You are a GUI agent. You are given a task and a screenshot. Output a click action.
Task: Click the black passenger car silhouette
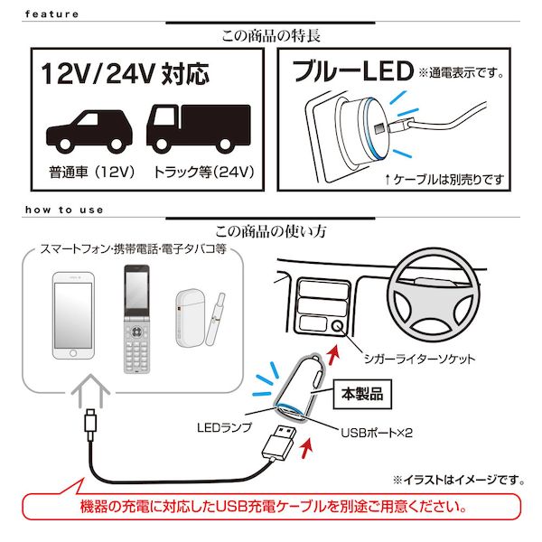[x=89, y=132]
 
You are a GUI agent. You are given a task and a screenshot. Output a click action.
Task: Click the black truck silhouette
[x=199, y=129]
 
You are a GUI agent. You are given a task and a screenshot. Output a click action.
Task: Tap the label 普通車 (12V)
[x=91, y=172]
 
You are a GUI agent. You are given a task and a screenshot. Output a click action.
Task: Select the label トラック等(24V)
[x=204, y=172]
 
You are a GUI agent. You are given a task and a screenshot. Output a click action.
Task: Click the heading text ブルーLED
[x=353, y=70]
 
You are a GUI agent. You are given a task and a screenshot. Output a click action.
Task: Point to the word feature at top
[x=51, y=14]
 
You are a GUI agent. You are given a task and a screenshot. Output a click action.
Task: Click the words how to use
[x=64, y=210]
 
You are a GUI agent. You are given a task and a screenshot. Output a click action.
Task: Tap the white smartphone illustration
[x=73, y=315]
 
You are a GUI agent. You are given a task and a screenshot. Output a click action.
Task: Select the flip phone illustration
[x=137, y=319]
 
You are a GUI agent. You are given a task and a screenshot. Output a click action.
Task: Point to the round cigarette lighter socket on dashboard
[x=337, y=325]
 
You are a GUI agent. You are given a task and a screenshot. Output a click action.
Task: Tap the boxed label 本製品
[x=362, y=394]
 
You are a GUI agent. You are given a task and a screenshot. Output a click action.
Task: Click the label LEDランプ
[x=224, y=427]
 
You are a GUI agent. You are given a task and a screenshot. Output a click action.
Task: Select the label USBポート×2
[x=377, y=433]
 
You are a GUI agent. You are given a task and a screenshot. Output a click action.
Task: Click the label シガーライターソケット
[x=419, y=359]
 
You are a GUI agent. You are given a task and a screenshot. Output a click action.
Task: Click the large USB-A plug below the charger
[x=279, y=444]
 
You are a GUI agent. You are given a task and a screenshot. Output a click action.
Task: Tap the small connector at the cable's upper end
[x=90, y=425]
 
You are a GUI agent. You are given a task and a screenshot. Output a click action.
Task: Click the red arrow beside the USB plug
[x=307, y=448]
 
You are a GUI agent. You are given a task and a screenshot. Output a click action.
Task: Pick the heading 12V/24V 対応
[x=126, y=74]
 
